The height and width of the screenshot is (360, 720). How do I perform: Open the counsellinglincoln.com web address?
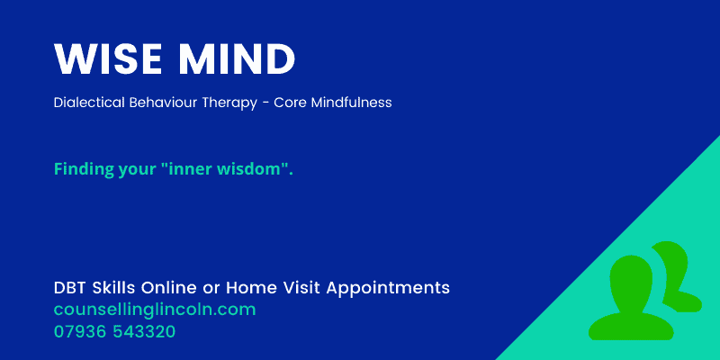(x=155, y=310)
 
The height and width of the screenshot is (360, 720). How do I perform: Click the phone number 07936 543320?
(x=114, y=331)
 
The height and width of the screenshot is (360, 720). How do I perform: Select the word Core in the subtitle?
(x=295, y=103)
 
